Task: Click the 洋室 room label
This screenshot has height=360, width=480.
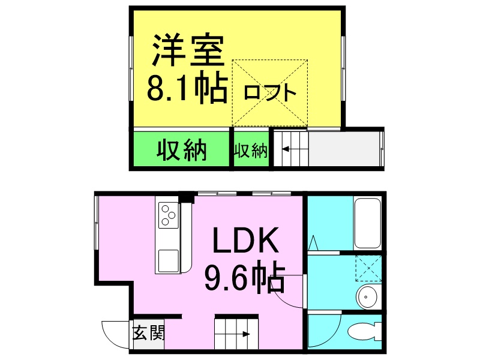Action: pyautogui.click(x=188, y=50)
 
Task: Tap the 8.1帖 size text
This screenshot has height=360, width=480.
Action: pyautogui.click(x=187, y=87)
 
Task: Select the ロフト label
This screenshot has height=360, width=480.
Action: pyautogui.click(x=270, y=92)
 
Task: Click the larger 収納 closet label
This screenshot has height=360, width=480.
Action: pyautogui.click(x=182, y=151)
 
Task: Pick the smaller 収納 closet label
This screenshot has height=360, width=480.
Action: pyautogui.click(x=251, y=151)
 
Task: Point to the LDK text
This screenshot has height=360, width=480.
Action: pyautogui.click(x=245, y=241)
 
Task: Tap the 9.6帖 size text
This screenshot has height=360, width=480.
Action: pyautogui.click(x=245, y=277)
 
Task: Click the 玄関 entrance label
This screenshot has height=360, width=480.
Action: pyautogui.click(x=149, y=333)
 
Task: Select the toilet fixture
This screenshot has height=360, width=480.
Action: pyautogui.click(x=365, y=332)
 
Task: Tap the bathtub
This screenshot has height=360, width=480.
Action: pyautogui.click(x=367, y=224)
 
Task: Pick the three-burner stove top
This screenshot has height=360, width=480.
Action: pyautogui.click(x=169, y=215)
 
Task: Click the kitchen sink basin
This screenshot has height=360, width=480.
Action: pyautogui.click(x=169, y=260)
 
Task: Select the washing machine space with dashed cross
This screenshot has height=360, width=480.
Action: pyautogui.click(x=368, y=268)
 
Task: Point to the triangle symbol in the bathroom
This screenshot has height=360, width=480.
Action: pyautogui.click(x=313, y=243)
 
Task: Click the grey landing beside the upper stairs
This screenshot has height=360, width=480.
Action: pyautogui.click(x=344, y=149)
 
